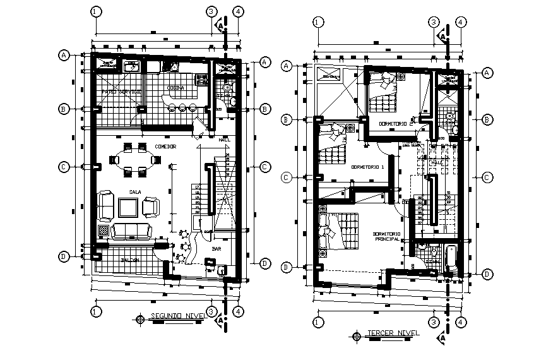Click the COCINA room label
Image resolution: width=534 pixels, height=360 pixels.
175,88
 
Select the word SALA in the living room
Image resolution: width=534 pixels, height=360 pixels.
135,191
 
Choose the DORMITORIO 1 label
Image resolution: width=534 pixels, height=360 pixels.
367,167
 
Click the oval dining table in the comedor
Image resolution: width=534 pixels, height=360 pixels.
134,160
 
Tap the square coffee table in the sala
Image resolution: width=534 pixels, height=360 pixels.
128,207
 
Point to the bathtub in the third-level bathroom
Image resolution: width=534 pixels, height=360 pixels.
451,260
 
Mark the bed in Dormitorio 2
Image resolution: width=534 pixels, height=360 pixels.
383,88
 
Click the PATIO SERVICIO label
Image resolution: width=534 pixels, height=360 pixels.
121,92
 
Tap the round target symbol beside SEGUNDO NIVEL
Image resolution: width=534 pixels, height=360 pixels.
140,319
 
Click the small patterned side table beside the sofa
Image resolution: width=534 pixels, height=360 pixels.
103,230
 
